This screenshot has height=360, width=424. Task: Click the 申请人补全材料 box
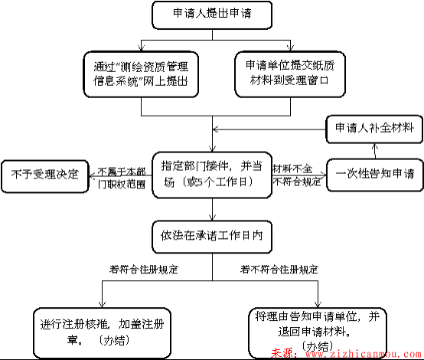tap(373, 126)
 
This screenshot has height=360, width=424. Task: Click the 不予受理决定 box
tap(43, 173)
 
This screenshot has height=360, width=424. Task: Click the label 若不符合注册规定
tap(279, 270)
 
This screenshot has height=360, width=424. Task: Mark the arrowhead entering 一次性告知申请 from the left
tap(322, 173)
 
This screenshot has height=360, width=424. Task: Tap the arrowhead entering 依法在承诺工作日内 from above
tap(211, 220)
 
